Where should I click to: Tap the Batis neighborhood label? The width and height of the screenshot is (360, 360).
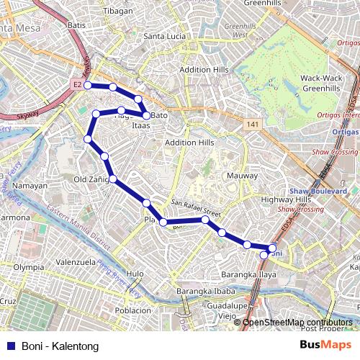(76, 25)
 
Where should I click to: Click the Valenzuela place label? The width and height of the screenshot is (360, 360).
(76, 262)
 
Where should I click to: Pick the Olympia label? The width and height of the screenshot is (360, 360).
(29, 266)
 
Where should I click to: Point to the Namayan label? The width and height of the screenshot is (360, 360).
(30, 185)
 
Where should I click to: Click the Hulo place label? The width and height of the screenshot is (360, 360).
(135, 274)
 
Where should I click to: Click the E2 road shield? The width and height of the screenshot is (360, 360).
(77, 85)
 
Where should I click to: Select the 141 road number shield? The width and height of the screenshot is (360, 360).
(251, 125)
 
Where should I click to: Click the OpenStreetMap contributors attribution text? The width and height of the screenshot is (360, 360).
(297, 323)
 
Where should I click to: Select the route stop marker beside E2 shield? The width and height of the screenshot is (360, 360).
(88, 85)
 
